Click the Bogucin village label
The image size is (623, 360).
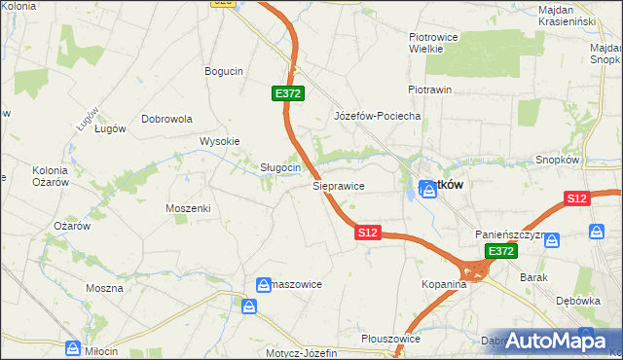[x=223, y=71]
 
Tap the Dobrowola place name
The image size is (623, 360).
[x=167, y=119]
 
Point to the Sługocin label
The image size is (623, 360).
[x=279, y=167]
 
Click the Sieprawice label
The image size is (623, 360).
[x=338, y=184]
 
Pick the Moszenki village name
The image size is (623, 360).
[x=188, y=208]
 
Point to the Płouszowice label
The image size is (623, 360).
[x=389, y=339]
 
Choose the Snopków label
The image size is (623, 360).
[x=558, y=160]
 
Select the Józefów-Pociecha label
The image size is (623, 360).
[x=377, y=116]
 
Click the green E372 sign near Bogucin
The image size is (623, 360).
[x=288, y=93]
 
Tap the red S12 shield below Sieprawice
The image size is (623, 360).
[x=367, y=234]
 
